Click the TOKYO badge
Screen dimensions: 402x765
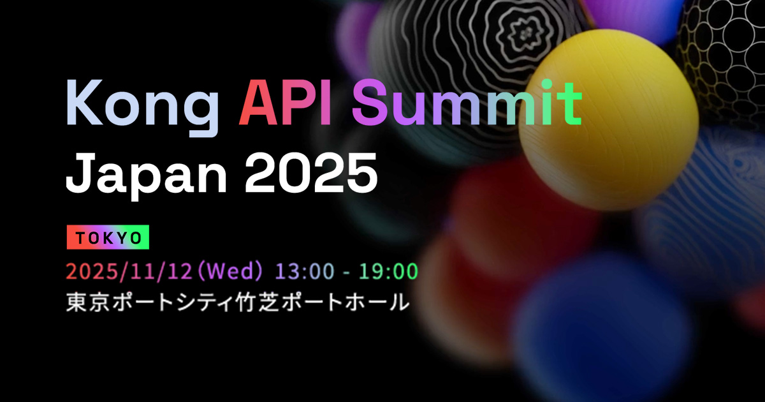click(108, 237)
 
